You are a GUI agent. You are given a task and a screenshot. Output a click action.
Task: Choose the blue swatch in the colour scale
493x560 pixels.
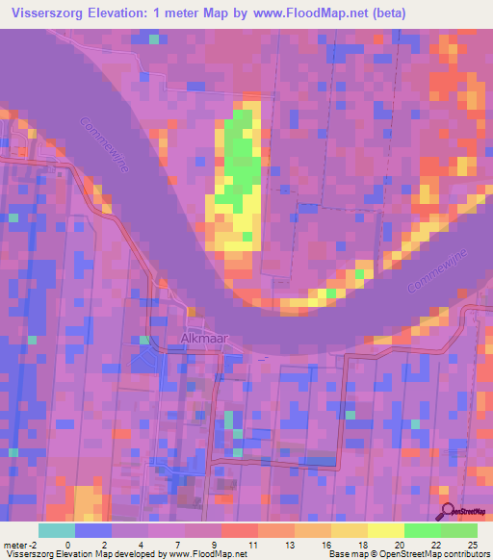(x=93, y=530)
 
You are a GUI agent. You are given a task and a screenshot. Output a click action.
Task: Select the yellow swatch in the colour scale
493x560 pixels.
(x=385, y=530)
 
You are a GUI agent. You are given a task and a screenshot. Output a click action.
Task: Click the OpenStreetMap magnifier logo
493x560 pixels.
(x=448, y=512)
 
